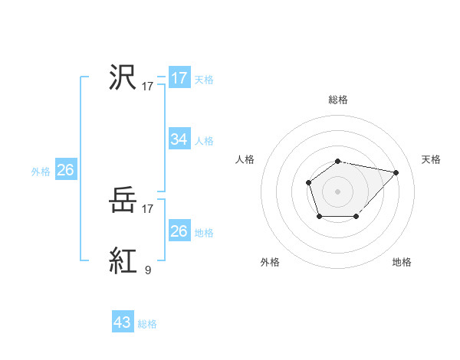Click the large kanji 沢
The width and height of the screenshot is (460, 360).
pyautogui.click(x=123, y=78)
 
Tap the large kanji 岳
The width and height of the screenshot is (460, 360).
pyautogui.click(x=123, y=201)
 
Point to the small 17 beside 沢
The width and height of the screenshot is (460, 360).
pyautogui.click(x=148, y=87)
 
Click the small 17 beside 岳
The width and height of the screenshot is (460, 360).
pyautogui.click(x=148, y=208)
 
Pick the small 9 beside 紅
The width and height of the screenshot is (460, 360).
pyautogui.click(x=147, y=270)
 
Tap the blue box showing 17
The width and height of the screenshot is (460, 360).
pyautogui.click(x=179, y=78)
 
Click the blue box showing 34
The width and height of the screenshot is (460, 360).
pyautogui.click(x=179, y=139)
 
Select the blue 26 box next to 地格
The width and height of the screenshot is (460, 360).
pyautogui.click(x=179, y=231)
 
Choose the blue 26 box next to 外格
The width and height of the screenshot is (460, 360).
pyautogui.click(x=65, y=170)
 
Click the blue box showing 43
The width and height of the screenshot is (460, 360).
pyautogui.click(x=123, y=322)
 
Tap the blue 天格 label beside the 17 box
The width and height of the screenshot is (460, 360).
pyautogui.click(x=203, y=79)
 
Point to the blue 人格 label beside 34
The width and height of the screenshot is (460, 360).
pyautogui.click(x=203, y=140)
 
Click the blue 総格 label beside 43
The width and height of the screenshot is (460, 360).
pyautogui.click(x=147, y=323)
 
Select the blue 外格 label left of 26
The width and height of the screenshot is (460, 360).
pyautogui.click(x=41, y=171)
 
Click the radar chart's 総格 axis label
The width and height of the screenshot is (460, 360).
pyautogui.click(x=337, y=100)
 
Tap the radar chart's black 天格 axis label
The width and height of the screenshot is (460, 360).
pyautogui.click(x=431, y=159)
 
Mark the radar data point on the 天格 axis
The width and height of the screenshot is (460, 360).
pyautogui.click(x=396, y=172)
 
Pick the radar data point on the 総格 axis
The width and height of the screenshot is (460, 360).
pyautogui.click(x=337, y=161)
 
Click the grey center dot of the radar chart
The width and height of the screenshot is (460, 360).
pyautogui.click(x=337, y=191)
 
